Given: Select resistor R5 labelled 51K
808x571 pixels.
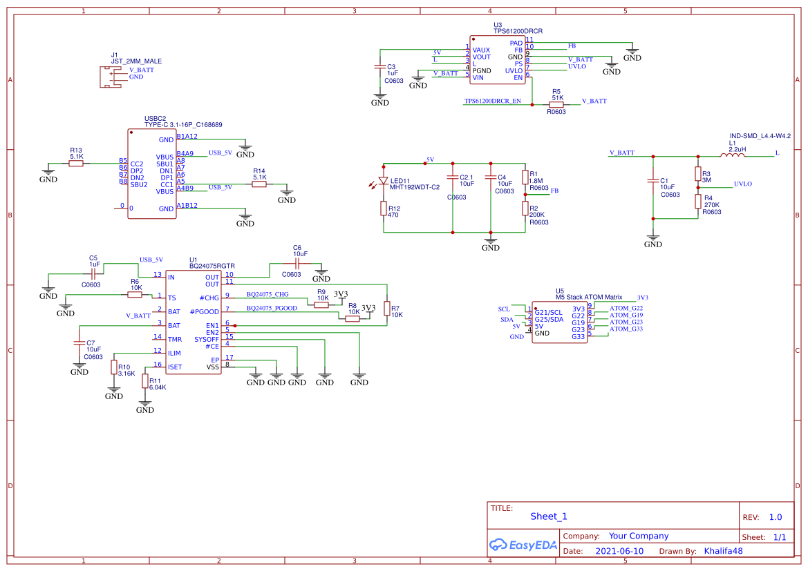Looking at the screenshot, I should [x=556, y=104].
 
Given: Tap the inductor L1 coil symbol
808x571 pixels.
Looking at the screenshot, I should [x=732, y=155].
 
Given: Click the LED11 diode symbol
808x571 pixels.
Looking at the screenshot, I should [x=384, y=181].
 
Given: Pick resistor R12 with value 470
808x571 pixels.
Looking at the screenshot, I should [x=384, y=209].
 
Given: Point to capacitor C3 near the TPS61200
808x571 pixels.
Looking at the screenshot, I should [x=379, y=67].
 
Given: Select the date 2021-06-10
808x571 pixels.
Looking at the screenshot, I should [x=619, y=551].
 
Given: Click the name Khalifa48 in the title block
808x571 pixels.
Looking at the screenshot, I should [x=723, y=551].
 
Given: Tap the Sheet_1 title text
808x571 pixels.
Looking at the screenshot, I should [x=548, y=516].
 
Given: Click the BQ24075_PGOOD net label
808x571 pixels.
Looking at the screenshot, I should [x=272, y=308].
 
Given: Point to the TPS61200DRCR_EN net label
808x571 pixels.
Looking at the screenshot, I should [x=492, y=101].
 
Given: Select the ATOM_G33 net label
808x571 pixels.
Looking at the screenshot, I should [x=626, y=329].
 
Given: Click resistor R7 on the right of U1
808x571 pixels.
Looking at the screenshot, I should [x=387, y=311].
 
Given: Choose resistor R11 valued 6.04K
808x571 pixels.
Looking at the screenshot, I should [x=145, y=381].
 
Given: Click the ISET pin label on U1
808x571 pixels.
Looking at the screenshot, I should [x=175, y=367].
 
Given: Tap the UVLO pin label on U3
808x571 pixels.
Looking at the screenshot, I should [x=514, y=70].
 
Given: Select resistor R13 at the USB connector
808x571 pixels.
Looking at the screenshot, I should [x=76, y=163].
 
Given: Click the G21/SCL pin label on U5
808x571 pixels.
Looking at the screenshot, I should [x=549, y=313].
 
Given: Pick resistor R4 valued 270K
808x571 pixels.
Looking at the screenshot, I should [x=698, y=201].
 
